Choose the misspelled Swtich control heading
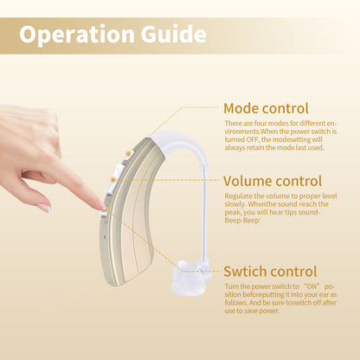270,271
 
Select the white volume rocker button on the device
112,181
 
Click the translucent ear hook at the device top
173,141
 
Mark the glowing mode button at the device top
127,155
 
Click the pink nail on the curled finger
43,208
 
